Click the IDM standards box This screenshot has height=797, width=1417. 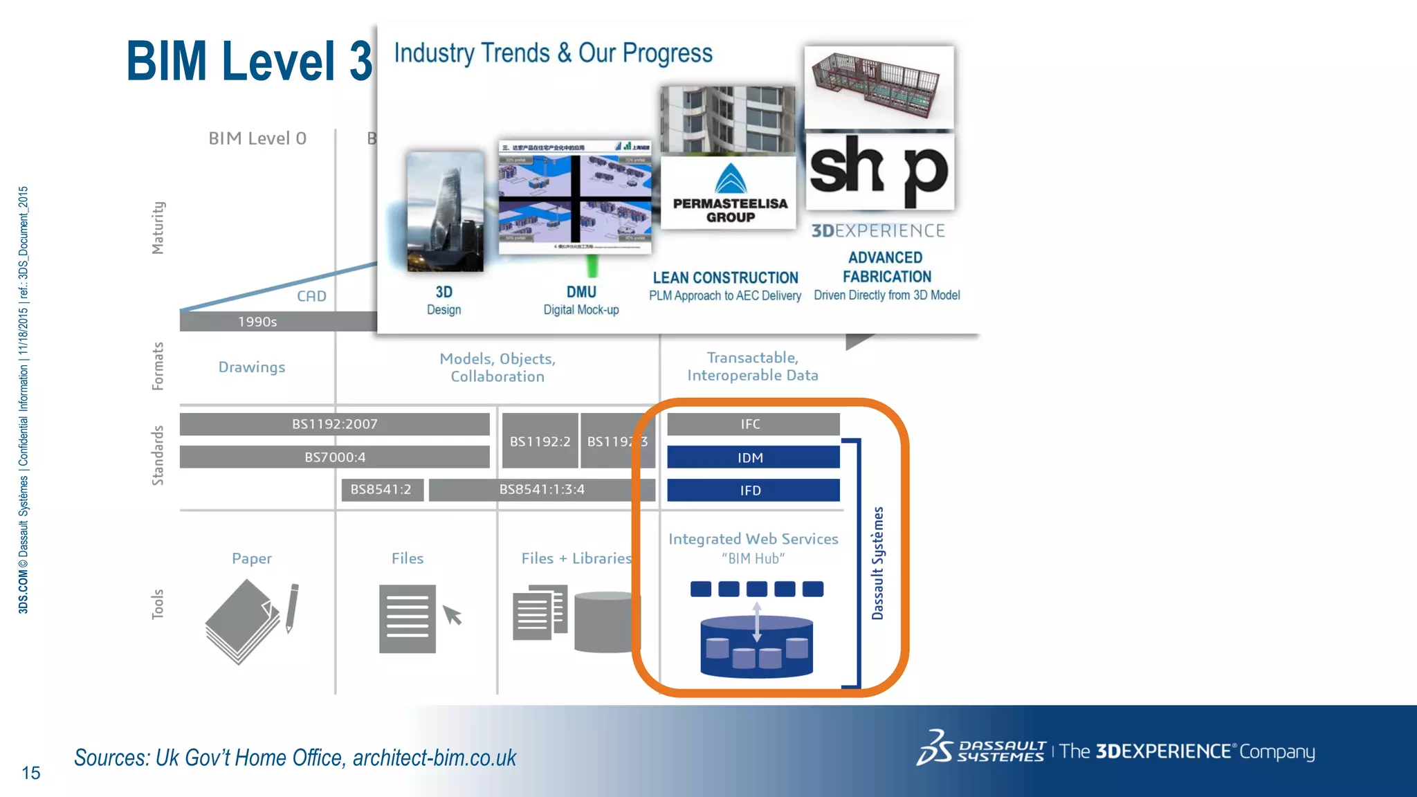[x=753, y=457]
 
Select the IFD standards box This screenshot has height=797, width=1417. [x=753, y=491]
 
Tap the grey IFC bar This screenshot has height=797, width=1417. [x=753, y=424]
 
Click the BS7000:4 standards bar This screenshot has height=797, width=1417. [x=335, y=457]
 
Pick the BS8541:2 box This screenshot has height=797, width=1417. [x=381, y=490]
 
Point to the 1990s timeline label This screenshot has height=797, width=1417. [x=257, y=322]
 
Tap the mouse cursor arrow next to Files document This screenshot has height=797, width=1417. [x=452, y=614]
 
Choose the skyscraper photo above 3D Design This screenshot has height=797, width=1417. [x=445, y=212]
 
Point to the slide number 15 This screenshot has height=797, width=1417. [x=31, y=773]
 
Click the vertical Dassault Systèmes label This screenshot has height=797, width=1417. [x=878, y=563]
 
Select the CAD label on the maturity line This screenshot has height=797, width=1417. [x=311, y=296]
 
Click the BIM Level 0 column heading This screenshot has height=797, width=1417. [x=257, y=138]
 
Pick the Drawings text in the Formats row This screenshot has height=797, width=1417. [x=252, y=367]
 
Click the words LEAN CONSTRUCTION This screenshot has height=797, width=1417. [x=725, y=278]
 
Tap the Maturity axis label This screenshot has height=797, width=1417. [x=158, y=228]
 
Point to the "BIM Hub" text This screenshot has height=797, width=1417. [x=753, y=558]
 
